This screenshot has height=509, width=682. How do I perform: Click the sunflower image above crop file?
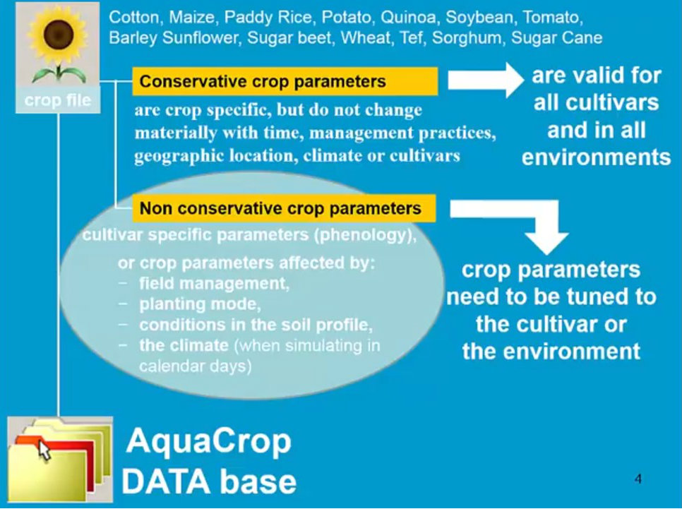click(58, 44)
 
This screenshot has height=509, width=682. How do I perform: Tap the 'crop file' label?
click(58, 100)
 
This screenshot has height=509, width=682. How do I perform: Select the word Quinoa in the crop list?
click(408, 17)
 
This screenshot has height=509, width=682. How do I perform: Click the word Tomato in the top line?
click(552, 17)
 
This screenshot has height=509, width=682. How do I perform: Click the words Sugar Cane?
click(557, 38)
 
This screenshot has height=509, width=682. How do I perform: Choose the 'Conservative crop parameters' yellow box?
click(285, 81)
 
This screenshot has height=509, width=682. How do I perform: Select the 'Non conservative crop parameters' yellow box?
click(284, 208)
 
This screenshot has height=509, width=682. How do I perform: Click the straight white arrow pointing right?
click(486, 80)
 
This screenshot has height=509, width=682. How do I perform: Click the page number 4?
click(638, 479)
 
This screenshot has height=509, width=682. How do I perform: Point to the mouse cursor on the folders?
click(44, 450)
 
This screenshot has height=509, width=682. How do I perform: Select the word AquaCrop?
click(209, 441)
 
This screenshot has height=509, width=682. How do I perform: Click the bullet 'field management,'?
click(214, 284)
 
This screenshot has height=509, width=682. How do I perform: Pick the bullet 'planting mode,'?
click(200, 304)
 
